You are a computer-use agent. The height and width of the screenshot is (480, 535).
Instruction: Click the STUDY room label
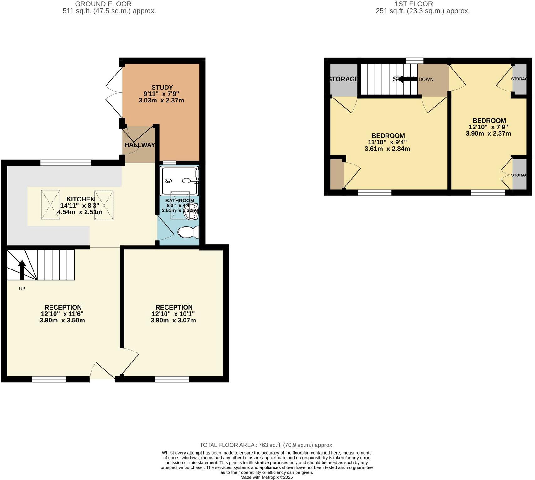(x=162, y=87)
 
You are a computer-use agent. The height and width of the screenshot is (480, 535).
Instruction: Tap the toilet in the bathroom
(x=188, y=232)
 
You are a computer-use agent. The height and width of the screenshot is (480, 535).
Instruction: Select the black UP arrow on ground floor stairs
(x=22, y=270)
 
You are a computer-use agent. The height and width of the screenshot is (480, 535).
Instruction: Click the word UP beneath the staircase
(x=22, y=289)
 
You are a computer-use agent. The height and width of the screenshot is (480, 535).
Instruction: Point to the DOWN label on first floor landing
(x=426, y=79)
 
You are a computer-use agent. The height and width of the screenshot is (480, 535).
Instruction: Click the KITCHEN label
(x=81, y=199)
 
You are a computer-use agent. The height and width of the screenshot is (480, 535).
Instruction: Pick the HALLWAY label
(x=139, y=145)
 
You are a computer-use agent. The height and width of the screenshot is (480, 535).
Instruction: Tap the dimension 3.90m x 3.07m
(x=173, y=320)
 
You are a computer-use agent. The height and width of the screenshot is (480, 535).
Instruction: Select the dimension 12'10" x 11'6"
(x=62, y=314)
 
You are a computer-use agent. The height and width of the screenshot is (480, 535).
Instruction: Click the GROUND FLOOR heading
(x=103, y=4)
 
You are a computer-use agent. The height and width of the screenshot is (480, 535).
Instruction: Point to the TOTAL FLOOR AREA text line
(x=266, y=445)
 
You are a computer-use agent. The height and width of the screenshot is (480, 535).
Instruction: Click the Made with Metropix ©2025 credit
(x=266, y=477)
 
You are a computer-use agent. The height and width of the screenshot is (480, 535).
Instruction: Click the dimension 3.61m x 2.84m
(x=387, y=149)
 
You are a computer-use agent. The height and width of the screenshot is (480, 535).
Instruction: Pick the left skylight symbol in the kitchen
(x=50, y=205)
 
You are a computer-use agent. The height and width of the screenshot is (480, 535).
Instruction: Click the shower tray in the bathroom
(x=179, y=181)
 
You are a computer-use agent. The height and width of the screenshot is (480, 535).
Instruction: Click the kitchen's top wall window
(x=66, y=163)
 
